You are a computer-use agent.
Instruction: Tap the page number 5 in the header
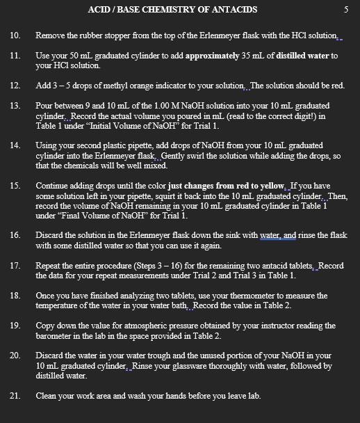click(x=345, y=9)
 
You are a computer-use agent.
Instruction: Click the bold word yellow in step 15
click(x=272, y=186)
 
